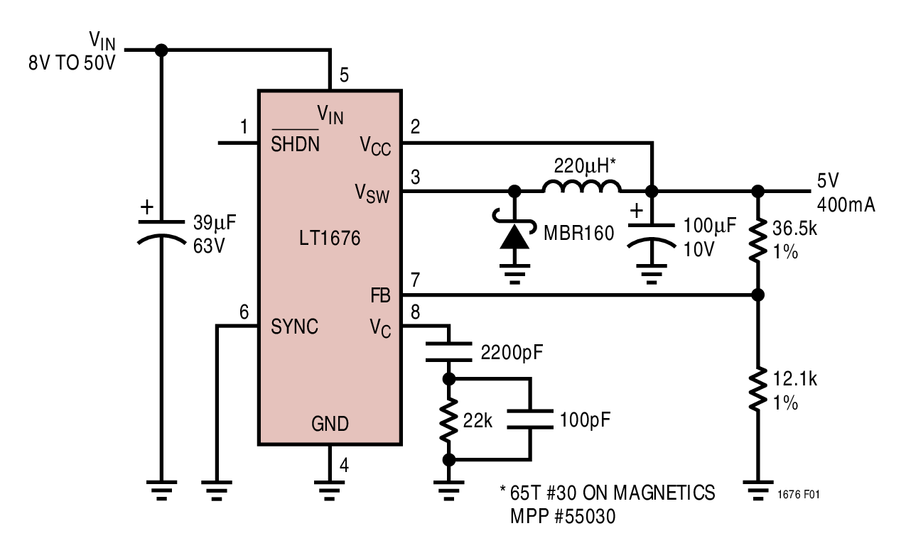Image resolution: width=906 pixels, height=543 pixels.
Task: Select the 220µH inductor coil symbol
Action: pyautogui.click(x=581, y=187)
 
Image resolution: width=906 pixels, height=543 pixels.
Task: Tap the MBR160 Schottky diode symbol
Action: pyautogui.click(x=514, y=237)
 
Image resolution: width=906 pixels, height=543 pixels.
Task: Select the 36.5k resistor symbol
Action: pyautogui.click(x=758, y=239)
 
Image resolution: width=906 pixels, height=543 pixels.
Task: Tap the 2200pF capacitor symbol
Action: pyautogui.click(x=448, y=351)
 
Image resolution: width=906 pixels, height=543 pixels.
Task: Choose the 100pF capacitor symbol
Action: pyautogui.click(x=529, y=419)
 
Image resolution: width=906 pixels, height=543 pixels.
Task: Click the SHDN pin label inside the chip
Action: pyautogui.click(x=295, y=145)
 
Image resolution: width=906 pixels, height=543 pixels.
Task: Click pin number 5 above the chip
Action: pyautogui.click(x=345, y=76)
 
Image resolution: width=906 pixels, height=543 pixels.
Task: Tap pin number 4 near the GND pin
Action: pyautogui.click(x=345, y=466)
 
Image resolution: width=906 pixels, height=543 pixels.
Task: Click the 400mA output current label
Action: pyautogui.click(x=846, y=206)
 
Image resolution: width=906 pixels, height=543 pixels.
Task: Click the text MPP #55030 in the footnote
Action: pyautogui.click(x=562, y=517)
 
